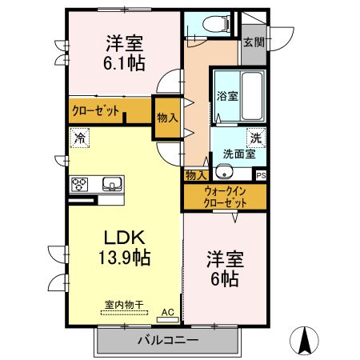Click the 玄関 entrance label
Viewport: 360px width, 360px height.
click(253, 42)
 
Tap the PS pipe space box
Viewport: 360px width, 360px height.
click(261, 174)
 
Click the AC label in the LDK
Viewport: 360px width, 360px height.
click(167, 312)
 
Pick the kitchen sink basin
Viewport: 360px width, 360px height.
click(112, 185)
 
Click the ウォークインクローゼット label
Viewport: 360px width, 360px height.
click(225, 196)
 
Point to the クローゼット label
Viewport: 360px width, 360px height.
click(97, 111)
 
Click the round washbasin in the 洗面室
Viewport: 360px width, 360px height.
click(223, 174)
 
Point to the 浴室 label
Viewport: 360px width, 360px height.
click(226, 97)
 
